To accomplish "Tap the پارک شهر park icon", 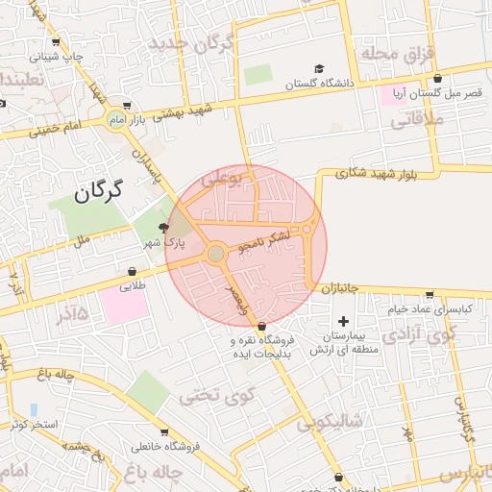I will [x=164, y=228].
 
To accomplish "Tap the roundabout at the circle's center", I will [x=216, y=253].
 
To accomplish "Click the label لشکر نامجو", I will [x=277, y=234].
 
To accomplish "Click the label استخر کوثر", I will [x=35, y=424].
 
